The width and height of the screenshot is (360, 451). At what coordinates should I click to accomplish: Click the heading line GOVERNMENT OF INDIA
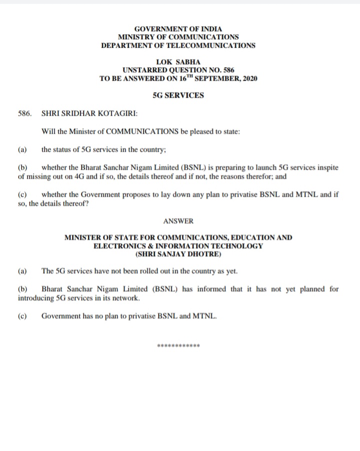click(178, 29)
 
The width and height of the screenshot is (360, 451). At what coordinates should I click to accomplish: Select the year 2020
click(249, 79)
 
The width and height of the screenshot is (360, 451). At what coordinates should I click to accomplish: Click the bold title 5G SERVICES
click(178, 95)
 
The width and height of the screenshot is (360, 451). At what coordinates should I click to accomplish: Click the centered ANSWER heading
click(178, 220)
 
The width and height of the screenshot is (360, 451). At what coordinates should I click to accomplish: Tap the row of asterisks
click(178, 346)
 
